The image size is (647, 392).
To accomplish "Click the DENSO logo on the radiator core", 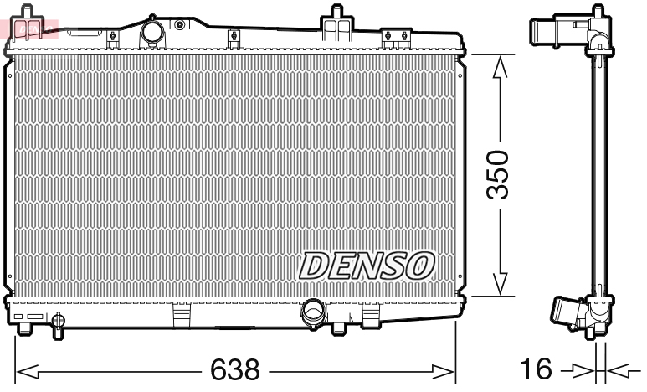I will click(367, 265).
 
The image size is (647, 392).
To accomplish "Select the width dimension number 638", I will click(235, 369).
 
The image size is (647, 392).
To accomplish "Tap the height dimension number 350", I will click(499, 174).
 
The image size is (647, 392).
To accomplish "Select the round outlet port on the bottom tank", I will click(313, 311).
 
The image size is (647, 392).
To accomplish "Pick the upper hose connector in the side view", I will click(549, 31).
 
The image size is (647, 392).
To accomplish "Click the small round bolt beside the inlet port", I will click(178, 24).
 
